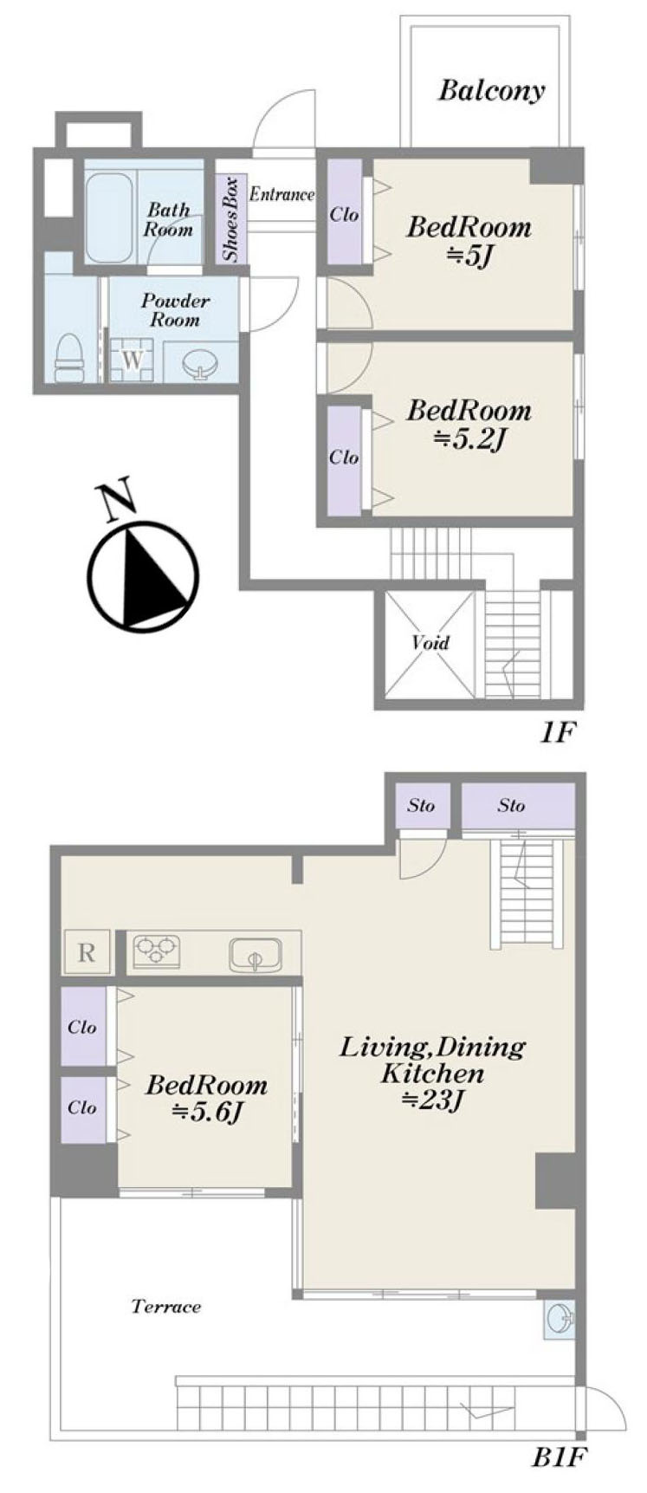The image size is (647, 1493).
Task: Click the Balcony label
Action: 491,91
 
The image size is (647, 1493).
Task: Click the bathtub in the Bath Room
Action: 110,217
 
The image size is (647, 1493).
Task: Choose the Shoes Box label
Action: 230,219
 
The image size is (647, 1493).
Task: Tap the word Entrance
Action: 281,194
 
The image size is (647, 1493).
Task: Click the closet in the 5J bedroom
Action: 344,213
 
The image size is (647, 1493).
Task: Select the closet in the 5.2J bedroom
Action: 344,457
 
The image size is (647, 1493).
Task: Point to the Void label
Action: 430,643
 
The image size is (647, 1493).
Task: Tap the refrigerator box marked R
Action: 87,952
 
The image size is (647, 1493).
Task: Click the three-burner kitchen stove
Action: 157,951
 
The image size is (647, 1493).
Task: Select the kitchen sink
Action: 256,955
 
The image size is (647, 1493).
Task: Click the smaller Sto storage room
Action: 421,806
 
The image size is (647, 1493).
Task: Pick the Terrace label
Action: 166,1306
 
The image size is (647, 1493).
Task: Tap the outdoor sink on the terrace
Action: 560,1320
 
